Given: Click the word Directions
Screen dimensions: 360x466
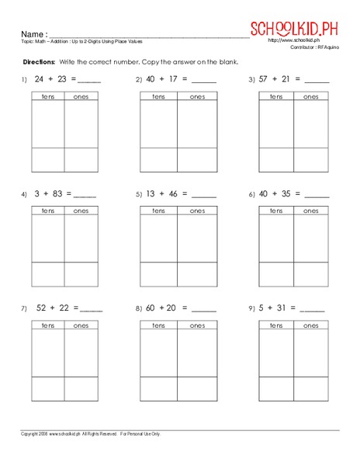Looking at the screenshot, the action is point(39,61).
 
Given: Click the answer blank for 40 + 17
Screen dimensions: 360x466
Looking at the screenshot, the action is point(204,81).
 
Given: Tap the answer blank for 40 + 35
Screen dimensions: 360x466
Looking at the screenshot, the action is point(316,196).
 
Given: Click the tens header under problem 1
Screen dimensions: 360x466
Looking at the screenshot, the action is point(47,97).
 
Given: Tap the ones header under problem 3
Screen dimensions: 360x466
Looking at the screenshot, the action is point(310,97).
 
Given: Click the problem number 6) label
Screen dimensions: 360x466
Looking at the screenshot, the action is point(252,195).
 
